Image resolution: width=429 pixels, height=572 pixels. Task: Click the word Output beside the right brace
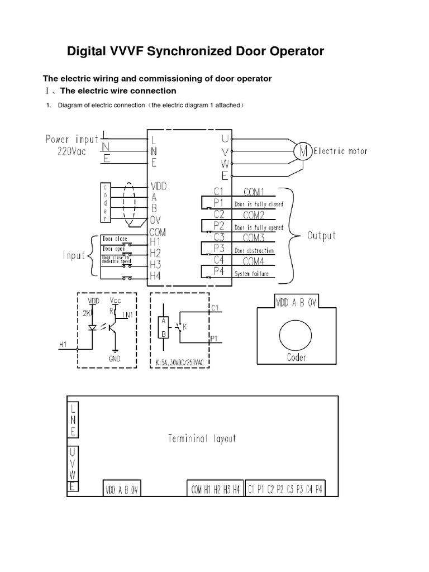pos(322,235)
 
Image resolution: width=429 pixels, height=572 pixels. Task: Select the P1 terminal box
pos(212,203)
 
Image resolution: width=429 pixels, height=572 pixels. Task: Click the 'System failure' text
pos(251,274)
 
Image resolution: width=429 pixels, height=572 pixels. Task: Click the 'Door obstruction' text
pos(254,251)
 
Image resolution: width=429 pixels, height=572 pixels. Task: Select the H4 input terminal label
pos(156,275)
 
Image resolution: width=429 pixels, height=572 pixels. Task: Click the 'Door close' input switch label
pos(115,239)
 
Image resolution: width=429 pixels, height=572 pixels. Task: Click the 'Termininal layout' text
pos(202,438)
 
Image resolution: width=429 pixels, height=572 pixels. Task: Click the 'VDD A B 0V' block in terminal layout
pos(121,490)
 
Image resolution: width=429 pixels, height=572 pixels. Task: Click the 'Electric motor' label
pos(340,150)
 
